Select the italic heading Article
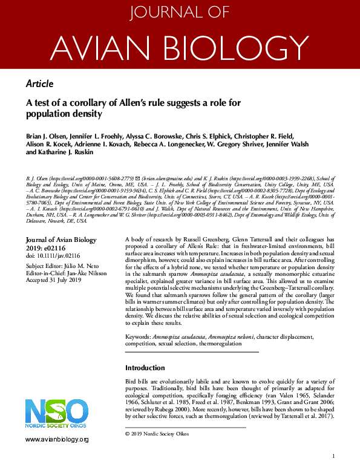point(40,84)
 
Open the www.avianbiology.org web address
point(57,440)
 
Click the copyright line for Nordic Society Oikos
point(157,434)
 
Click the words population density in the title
point(64,114)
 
